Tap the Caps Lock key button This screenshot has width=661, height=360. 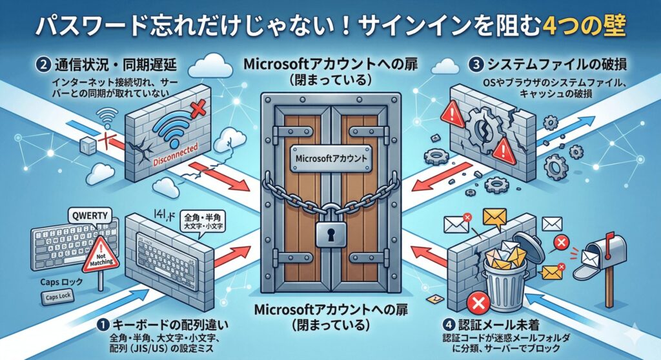tap(59, 298)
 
